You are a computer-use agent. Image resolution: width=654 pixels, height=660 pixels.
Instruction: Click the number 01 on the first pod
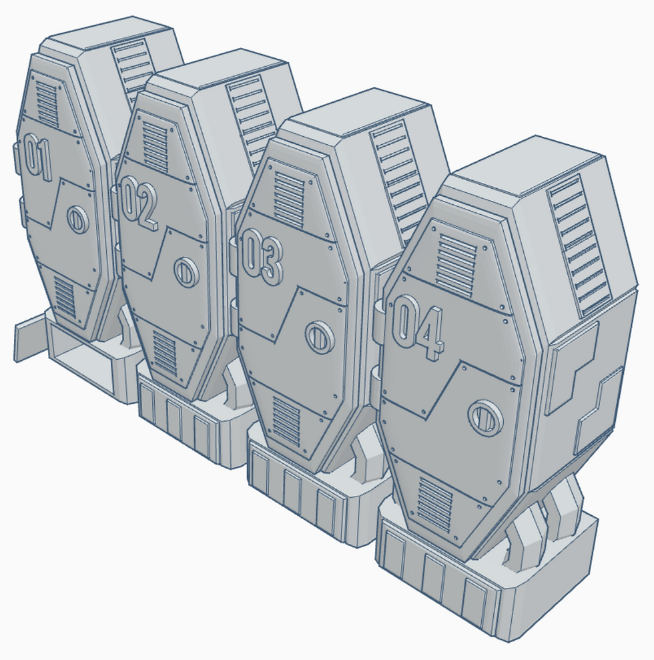pos(37,157)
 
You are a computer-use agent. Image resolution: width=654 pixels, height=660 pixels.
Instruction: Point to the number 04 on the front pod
pos(417,327)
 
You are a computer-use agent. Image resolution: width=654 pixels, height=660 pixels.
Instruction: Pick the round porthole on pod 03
pos(320,336)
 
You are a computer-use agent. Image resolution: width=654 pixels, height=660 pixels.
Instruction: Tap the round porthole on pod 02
pos(186,271)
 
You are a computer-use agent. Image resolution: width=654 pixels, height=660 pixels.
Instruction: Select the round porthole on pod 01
pos(78,218)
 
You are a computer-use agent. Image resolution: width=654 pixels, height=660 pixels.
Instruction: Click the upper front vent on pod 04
pos(456,257)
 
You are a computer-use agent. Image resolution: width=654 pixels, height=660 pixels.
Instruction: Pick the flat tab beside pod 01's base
pos(29,338)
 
